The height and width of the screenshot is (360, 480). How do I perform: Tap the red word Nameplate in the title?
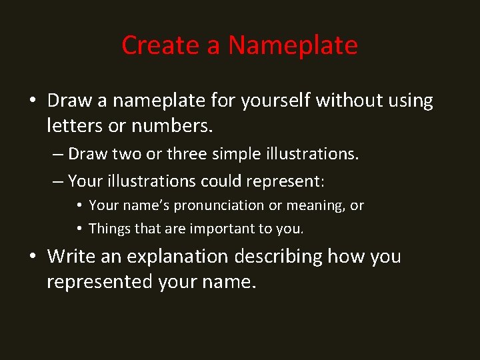(x=293, y=46)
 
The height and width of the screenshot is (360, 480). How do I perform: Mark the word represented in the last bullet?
(x=99, y=281)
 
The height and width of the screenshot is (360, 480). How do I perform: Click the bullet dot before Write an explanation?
(x=33, y=257)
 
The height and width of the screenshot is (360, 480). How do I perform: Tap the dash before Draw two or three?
(x=57, y=155)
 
